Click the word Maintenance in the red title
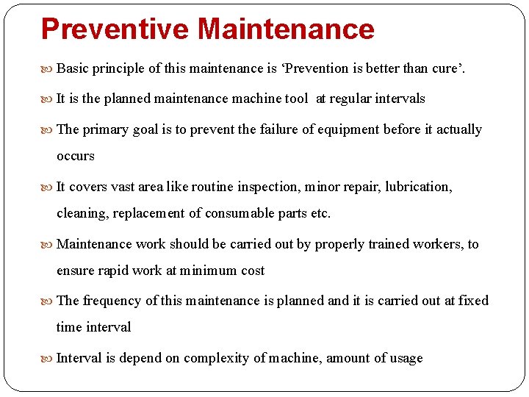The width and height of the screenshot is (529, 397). point(286,29)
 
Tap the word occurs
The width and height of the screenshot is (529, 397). point(76,156)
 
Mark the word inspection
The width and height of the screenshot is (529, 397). point(267,187)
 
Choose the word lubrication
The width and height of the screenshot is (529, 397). point(418,187)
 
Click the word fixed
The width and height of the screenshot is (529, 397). point(473,301)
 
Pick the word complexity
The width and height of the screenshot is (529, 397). point(213,358)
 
